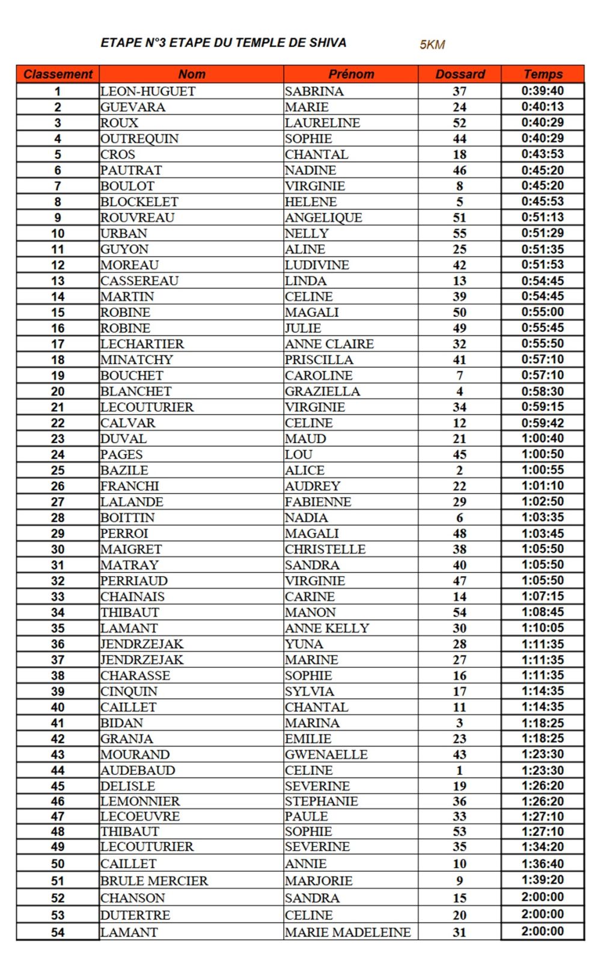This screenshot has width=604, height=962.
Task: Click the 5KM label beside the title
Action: click(432, 44)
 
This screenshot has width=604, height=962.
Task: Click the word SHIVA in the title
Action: click(328, 43)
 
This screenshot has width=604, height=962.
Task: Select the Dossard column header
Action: click(460, 75)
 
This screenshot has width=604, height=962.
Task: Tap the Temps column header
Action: click(543, 75)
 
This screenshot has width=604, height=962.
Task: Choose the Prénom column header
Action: click(351, 75)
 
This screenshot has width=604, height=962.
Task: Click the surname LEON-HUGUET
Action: click(148, 91)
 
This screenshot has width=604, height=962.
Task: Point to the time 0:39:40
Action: click(543, 91)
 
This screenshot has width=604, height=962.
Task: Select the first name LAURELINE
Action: click(323, 123)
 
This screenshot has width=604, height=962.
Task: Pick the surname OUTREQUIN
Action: click(139, 139)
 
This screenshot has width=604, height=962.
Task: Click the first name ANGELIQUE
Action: click(323, 218)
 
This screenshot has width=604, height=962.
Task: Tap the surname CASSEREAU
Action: click(139, 281)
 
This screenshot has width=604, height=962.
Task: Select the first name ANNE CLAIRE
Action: click(329, 344)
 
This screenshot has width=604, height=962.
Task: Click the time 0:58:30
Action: click(543, 391)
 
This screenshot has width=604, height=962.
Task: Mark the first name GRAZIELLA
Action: click(323, 391)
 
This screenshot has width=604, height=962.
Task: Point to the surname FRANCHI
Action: click(130, 486)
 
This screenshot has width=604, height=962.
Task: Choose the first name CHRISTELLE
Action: click(325, 549)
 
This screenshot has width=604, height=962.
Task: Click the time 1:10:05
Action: click(543, 628)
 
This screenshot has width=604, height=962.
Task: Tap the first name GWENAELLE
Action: click(326, 755)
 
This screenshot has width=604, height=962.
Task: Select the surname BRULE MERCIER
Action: click(154, 881)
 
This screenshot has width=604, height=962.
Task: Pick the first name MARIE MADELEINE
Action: click(348, 933)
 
